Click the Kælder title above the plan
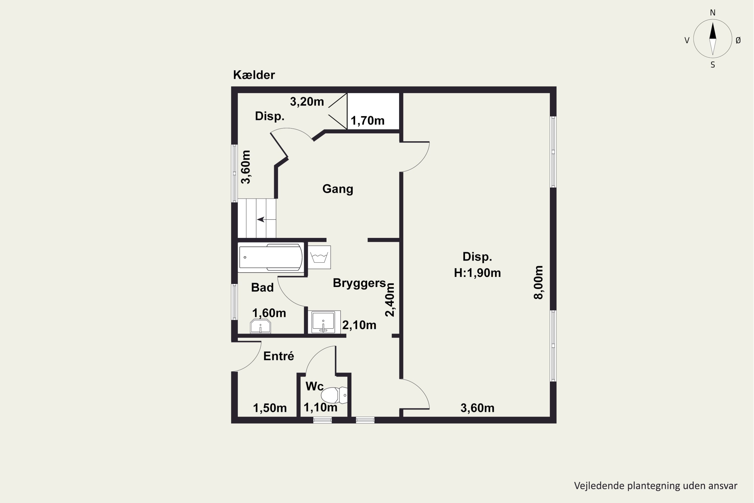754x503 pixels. pyautogui.click(x=254, y=75)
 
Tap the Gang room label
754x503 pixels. pyautogui.click(x=338, y=189)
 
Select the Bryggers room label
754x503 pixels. pyautogui.click(x=359, y=283)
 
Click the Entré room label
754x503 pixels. pyautogui.click(x=278, y=356)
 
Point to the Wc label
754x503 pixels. pyautogui.click(x=314, y=386)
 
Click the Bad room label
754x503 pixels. pyautogui.click(x=262, y=287)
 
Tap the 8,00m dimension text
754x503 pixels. pyautogui.click(x=538, y=282)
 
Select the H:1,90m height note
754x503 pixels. pyautogui.click(x=477, y=273)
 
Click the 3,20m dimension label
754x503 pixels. pyautogui.click(x=307, y=102)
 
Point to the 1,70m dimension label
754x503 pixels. pyautogui.click(x=367, y=121)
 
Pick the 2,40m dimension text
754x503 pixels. pyautogui.click(x=390, y=300)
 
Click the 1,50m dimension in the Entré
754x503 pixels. pyautogui.click(x=270, y=408)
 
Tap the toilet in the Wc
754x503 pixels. pyautogui.click(x=334, y=395)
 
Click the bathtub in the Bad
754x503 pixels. pyautogui.click(x=271, y=257)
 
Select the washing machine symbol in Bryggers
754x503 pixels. pyautogui.click(x=319, y=257)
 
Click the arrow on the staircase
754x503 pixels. pyautogui.click(x=266, y=219)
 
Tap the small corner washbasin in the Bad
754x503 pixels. pyautogui.click(x=260, y=326)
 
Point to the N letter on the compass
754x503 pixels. pyautogui.click(x=713, y=13)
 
